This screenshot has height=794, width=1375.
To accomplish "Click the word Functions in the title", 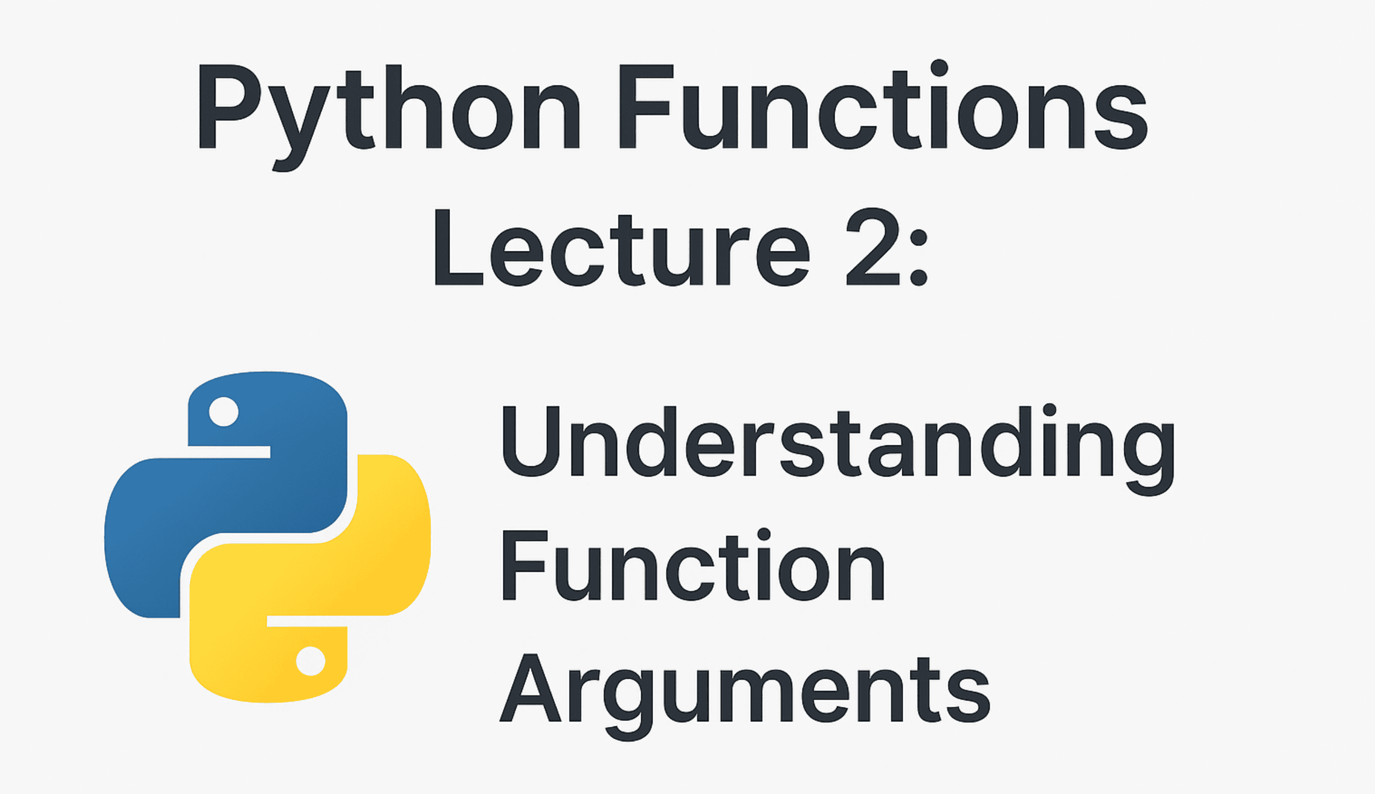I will click(883, 109).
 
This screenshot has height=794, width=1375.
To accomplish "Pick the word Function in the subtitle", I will click(692, 567).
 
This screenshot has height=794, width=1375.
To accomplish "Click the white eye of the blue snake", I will click(223, 412).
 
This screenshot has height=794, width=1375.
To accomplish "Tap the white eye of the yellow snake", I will click(311, 661).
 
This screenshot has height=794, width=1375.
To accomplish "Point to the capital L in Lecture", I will click(457, 248).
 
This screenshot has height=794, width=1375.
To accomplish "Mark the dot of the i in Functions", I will click(939, 69).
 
